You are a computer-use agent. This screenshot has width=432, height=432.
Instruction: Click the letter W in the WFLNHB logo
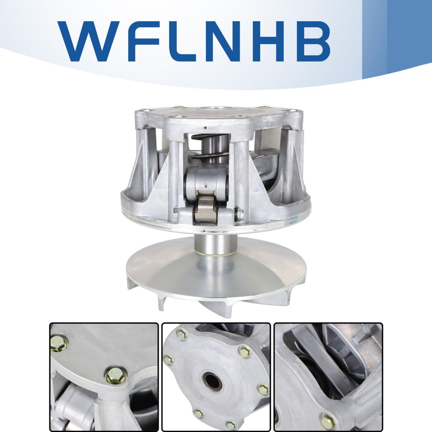click(90, 41)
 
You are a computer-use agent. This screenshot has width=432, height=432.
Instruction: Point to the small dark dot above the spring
click(205, 128)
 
